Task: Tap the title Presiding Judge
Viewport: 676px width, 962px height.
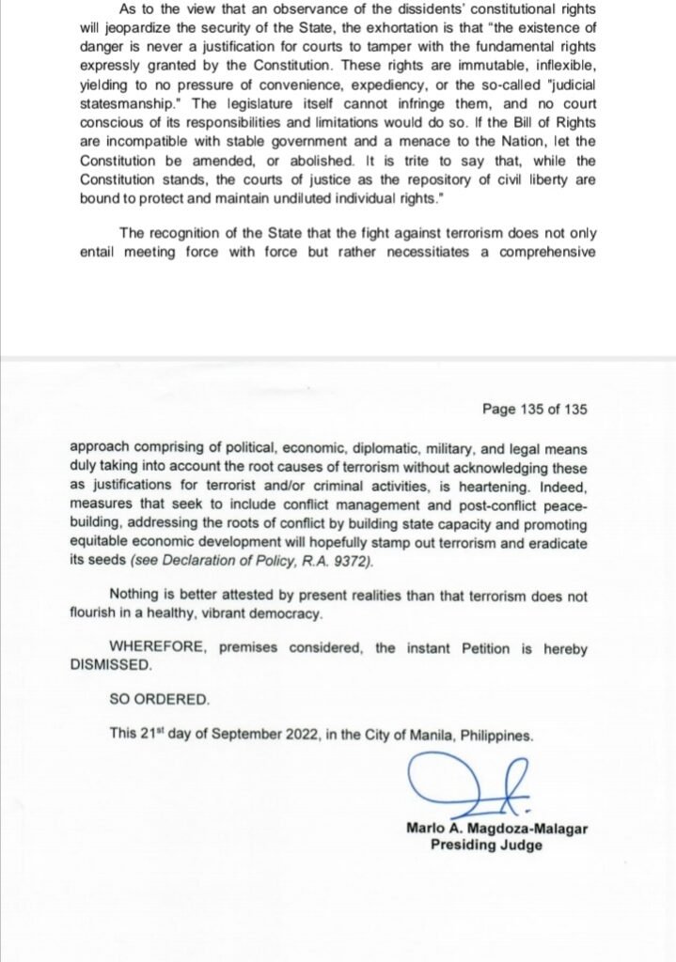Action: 486,844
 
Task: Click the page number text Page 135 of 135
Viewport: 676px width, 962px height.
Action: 535,409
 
